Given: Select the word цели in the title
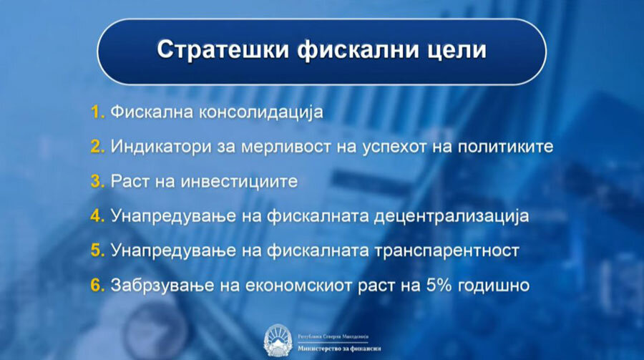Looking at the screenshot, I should (x=452, y=51).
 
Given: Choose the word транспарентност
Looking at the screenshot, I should (x=453, y=250).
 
